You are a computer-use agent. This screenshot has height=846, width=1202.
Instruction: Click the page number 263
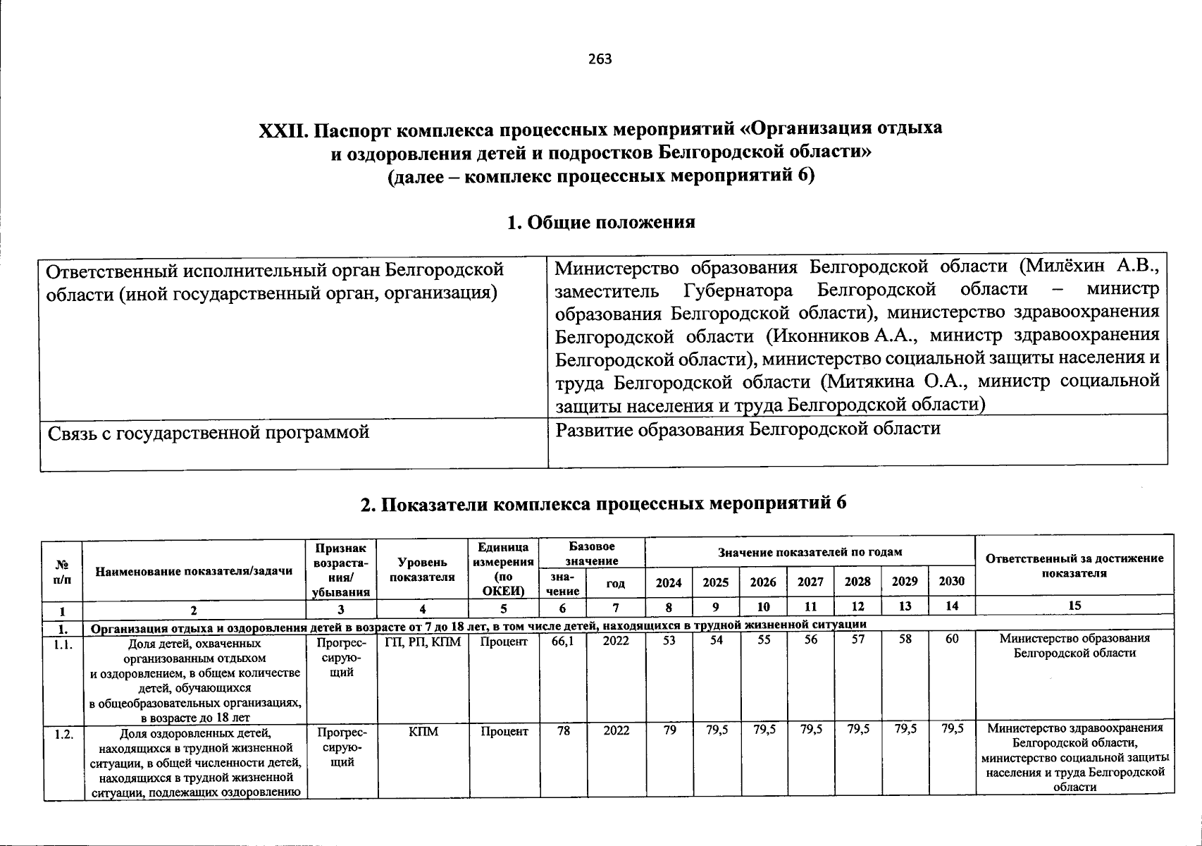(x=600, y=59)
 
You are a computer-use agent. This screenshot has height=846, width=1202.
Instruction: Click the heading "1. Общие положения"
(x=600, y=222)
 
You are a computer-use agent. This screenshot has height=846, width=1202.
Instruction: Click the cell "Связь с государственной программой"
(x=209, y=431)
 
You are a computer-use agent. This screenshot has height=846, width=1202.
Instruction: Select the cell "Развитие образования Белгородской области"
(x=748, y=429)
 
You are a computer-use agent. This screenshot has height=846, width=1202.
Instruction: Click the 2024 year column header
(x=669, y=582)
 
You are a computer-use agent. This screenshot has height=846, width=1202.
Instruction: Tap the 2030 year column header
(x=951, y=582)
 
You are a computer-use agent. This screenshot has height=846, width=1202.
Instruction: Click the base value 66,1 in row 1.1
(x=563, y=641)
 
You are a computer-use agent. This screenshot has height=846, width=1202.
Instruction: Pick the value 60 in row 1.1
(x=952, y=641)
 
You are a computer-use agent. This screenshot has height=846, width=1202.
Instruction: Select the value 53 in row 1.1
(x=669, y=641)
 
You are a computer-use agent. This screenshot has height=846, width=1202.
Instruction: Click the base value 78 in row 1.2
(x=563, y=731)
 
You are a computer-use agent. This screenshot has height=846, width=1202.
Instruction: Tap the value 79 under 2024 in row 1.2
(x=669, y=731)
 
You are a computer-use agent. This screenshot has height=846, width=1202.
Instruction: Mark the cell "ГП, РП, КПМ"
(x=423, y=641)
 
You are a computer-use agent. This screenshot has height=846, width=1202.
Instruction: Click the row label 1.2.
(x=63, y=733)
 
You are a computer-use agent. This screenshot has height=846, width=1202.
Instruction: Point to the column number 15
(x=1074, y=606)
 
